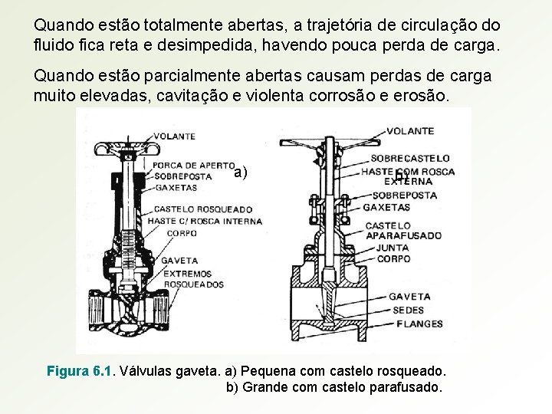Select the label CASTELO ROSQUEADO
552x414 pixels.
(x=203, y=209)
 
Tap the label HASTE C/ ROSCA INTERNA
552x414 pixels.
(x=205, y=221)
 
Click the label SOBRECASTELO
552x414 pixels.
(x=410, y=158)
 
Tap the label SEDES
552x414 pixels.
(x=409, y=310)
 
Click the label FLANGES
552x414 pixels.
(x=419, y=323)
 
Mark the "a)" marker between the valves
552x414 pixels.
(x=241, y=172)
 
